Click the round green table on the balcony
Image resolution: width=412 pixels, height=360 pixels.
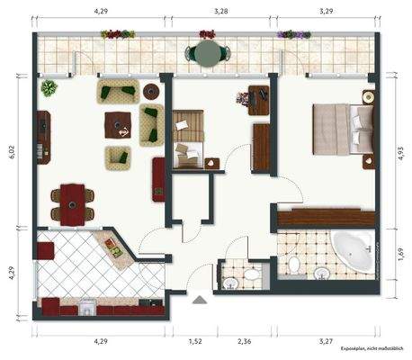tap(206, 55)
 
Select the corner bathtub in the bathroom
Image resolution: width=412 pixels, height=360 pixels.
tap(350, 252)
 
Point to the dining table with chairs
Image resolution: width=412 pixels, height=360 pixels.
tap(70, 200)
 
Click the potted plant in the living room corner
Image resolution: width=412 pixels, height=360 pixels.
tap(49, 88)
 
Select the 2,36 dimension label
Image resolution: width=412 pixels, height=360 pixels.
tap(243, 342)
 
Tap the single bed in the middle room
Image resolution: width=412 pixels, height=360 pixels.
tap(189, 137)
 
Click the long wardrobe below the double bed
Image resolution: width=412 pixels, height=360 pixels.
tap(326, 217)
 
